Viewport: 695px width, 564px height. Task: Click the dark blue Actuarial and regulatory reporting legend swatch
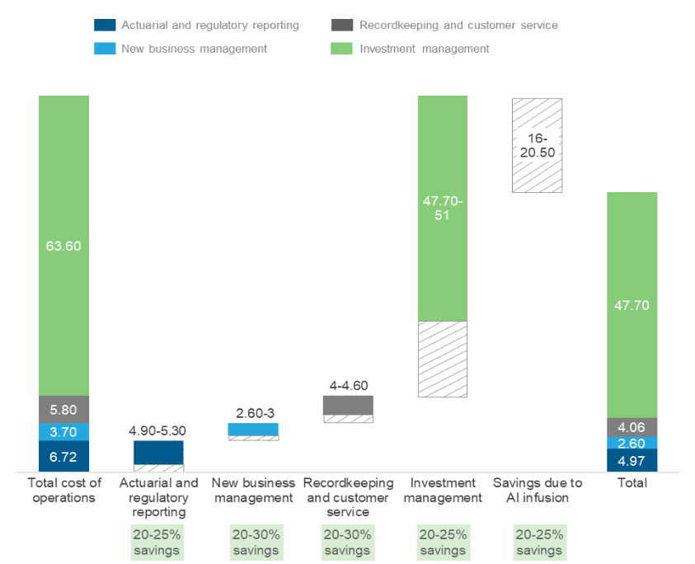(x=105, y=26)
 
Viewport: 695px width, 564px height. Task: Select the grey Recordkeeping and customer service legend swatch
(x=344, y=26)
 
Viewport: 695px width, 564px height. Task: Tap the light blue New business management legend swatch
(x=105, y=49)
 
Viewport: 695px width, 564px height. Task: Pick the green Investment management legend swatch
(x=344, y=49)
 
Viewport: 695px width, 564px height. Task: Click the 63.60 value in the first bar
(x=64, y=246)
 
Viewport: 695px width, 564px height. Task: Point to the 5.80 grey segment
(x=64, y=410)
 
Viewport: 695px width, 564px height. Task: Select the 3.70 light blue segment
(x=64, y=432)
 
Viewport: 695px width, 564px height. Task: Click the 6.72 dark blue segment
(x=64, y=456)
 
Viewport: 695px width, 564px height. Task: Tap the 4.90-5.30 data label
(x=157, y=430)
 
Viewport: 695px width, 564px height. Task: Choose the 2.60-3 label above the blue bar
(x=253, y=413)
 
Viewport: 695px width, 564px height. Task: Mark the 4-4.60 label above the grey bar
(x=348, y=385)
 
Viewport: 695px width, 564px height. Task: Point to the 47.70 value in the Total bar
(x=632, y=305)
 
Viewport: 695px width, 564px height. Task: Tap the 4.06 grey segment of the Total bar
(x=632, y=427)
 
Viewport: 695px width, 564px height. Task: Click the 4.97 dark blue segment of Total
(x=632, y=460)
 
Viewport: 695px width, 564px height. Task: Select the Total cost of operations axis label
(x=64, y=490)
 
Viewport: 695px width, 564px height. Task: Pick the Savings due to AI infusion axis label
(x=537, y=490)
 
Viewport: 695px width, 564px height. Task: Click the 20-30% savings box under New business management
(x=253, y=542)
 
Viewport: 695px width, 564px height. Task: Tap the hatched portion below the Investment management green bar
(x=443, y=360)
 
